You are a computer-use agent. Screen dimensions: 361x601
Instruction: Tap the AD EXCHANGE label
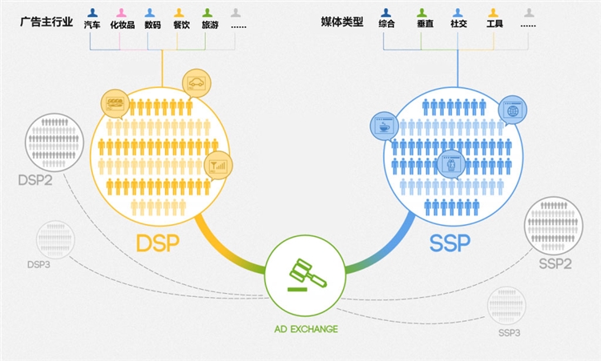coord(305,329)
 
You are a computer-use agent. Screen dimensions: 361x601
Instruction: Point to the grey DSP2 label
coord(35,180)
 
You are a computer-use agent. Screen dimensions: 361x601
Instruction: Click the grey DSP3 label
coord(38,264)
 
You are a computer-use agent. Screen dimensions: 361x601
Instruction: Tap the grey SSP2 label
coord(555,264)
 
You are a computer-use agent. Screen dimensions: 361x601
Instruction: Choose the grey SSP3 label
coord(509,332)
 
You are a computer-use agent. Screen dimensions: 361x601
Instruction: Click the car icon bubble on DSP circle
coord(196,82)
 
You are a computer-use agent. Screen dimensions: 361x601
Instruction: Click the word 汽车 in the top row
coord(92,25)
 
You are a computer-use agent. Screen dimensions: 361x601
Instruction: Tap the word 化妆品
coord(123,25)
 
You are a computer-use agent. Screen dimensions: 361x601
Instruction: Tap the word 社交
coord(458,25)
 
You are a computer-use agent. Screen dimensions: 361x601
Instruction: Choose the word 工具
coord(494,25)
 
